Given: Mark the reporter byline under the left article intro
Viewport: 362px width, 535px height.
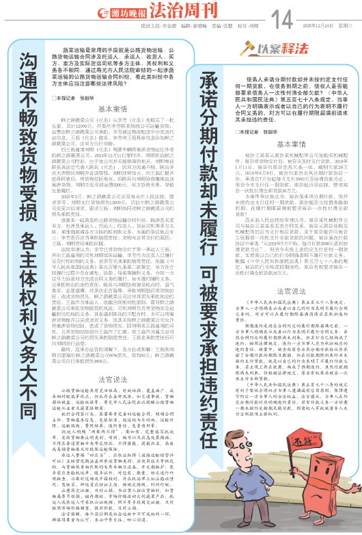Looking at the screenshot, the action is point(79,97).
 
